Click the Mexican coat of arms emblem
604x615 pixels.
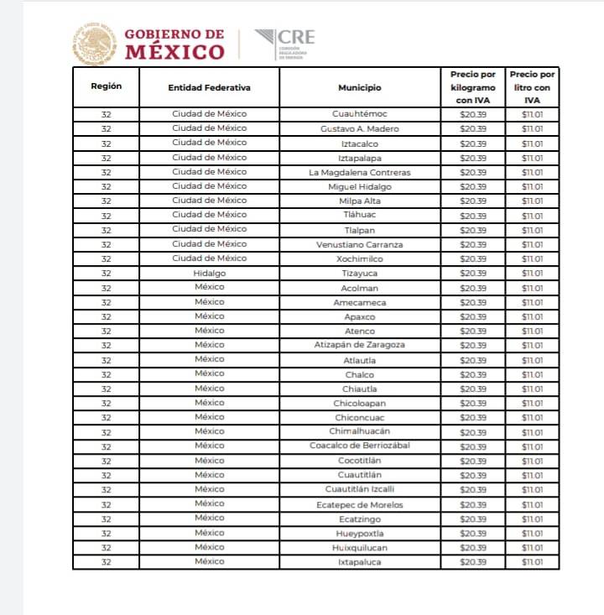coord(95,44)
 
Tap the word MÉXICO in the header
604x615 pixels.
coord(175,52)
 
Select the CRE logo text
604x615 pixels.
coord(295,37)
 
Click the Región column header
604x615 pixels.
coord(106,87)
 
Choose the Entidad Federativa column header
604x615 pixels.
coord(209,87)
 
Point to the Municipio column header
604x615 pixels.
coord(360,87)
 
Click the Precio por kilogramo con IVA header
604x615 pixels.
coord(473,87)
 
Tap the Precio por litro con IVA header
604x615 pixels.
coord(532,87)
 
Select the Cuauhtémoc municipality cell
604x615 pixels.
coord(360,115)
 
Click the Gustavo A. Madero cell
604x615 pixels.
coord(360,129)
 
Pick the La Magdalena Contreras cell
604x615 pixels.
coord(360,173)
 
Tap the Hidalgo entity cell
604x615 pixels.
coord(209,274)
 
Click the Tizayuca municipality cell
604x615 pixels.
coord(360,274)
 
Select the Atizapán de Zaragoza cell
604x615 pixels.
coord(360,346)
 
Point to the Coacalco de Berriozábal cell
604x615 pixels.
coord(360,446)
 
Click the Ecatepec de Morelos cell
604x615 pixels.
coord(360,504)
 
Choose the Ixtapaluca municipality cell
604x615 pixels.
coord(360,562)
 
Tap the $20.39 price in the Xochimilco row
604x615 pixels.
coord(473,259)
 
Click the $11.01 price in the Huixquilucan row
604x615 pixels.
coord(532,548)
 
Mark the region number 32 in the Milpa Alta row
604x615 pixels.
coord(106,201)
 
